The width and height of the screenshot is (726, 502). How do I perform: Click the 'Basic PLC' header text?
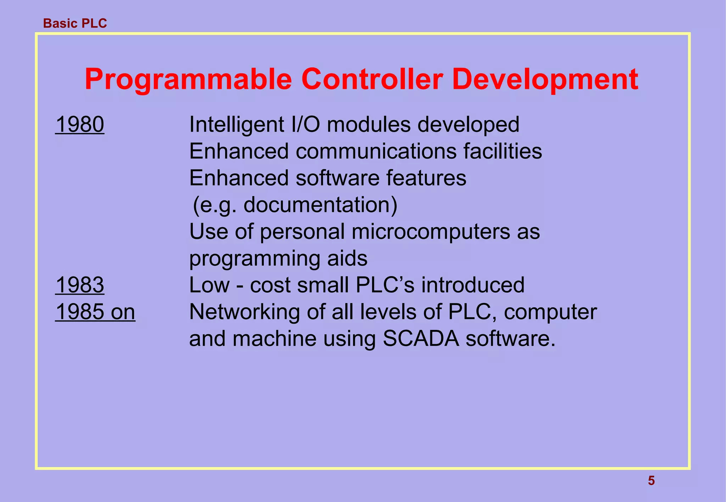click(75, 23)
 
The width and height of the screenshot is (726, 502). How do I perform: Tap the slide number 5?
click(651, 481)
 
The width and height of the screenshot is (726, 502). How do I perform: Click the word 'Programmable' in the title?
click(188, 79)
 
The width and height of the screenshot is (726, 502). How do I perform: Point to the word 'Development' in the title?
click(545, 79)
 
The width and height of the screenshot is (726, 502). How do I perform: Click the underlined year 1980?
click(80, 125)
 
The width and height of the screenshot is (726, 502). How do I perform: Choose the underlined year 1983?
click(80, 285)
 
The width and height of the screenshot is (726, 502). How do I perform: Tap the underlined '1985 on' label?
click(95, 312)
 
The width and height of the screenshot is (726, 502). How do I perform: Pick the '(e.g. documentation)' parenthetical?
click(295, 205)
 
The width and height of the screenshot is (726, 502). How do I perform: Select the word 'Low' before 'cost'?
click(209, 285)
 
